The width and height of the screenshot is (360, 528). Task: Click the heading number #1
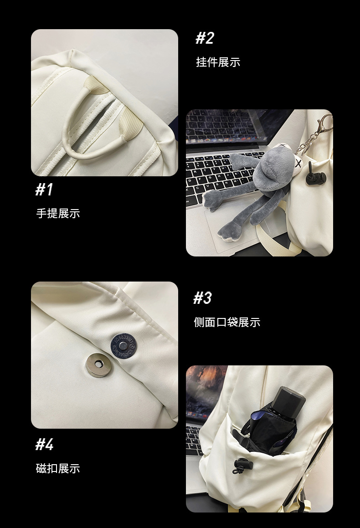coord(45,189)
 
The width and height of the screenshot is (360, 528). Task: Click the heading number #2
coord(205,38)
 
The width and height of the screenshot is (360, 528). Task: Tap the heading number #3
coord(203,298)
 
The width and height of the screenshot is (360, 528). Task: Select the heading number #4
coord(45,444)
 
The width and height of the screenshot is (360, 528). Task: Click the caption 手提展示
coord(58,213)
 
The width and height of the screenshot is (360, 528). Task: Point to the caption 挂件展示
coord(218,62)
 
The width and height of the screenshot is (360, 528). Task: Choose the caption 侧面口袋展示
coord(227,322)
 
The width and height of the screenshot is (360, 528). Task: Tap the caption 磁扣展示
coord(58,468)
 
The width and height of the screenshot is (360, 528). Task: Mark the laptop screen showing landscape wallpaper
coord(205,392)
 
